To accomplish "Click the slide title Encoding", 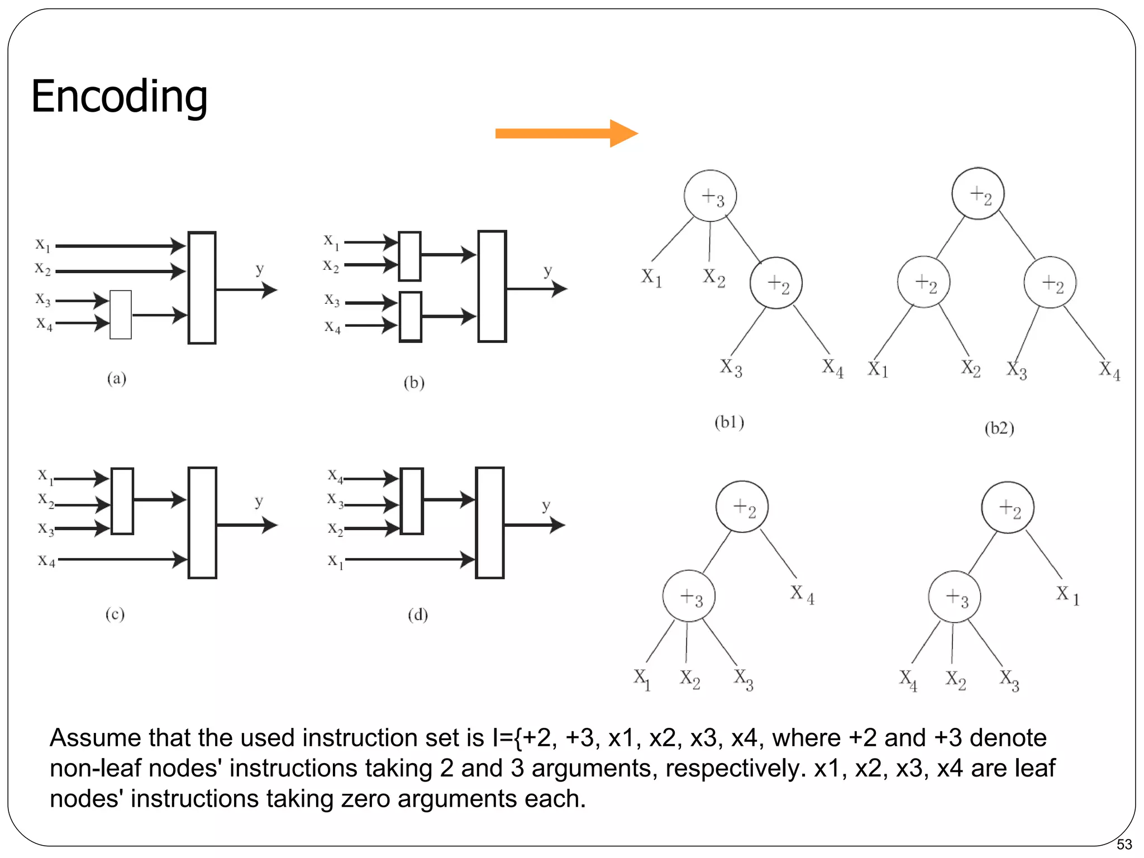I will (119, 97).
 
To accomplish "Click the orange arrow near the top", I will (565, 134).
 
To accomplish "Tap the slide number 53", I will (1124, 844).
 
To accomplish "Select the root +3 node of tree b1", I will (710, 196).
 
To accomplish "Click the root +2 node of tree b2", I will (978, 194).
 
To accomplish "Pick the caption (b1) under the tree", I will (729, 422).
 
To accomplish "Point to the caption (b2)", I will (999, 428).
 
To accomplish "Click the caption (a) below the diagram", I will (116, 379).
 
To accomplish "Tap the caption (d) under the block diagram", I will (417, 615).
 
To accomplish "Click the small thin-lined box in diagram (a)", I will (121, 314).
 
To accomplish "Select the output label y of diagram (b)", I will (548, 271).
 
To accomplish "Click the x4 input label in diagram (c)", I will (46, 560).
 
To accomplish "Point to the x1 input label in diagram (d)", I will (335, 560).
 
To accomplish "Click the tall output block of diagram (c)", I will (202, 523).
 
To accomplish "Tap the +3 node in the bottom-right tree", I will (954, 597).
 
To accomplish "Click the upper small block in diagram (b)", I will (409, 256).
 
